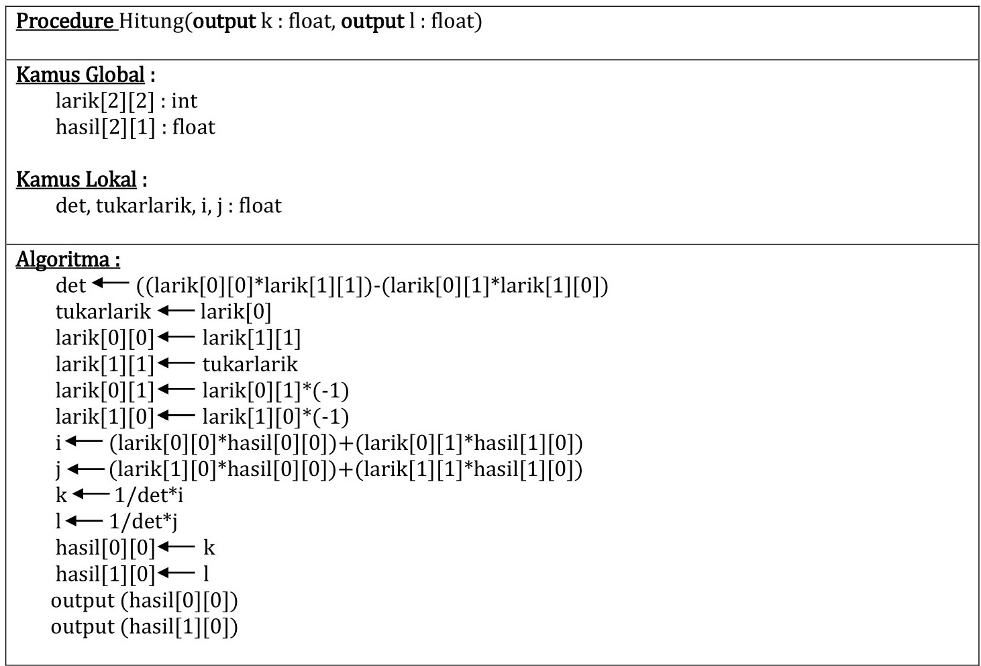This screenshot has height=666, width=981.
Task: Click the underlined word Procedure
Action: click(65, 21)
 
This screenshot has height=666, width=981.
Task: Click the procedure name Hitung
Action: click(151, 21)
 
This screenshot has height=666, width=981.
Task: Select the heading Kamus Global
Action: click(81, 75)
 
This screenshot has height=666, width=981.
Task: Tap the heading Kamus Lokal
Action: click(76, 179)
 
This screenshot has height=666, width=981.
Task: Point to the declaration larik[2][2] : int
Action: click(126, 101)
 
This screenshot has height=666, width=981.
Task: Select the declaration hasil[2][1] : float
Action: click(135, 127)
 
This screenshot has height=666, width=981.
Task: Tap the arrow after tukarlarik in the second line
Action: click(175, 311)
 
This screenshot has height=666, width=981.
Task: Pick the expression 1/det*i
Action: click(148, 495)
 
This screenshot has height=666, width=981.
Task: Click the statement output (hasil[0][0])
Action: click(144, 600)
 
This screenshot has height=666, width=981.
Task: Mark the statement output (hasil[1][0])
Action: click(144, 626)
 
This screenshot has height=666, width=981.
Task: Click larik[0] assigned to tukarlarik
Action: click(236, 311)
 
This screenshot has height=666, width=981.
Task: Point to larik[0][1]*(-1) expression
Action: click(275, 390)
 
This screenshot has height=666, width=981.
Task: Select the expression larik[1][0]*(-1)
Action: click(275, 416)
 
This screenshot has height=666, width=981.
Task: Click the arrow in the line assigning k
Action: click(90, 495)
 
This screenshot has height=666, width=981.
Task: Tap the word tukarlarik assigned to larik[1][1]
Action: click(250, 364)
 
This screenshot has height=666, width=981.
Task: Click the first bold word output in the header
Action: click(224, 21)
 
